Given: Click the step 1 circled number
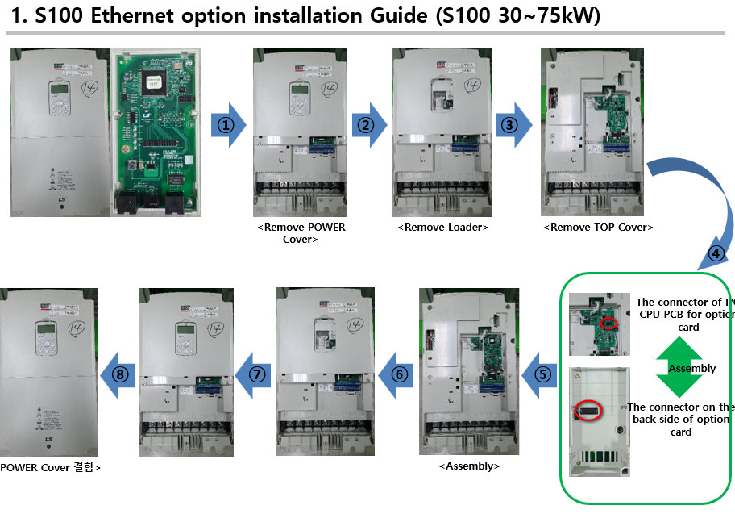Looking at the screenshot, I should coord(226,125).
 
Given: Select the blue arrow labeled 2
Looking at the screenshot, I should coord(367,125).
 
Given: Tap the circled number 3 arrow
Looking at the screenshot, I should coord(510,125).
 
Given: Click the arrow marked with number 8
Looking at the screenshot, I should coord(118,374).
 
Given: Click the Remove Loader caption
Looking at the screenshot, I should coord(442,228).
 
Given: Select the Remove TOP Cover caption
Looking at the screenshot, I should coord(598,228).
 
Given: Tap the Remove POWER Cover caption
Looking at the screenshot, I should coord(301,233).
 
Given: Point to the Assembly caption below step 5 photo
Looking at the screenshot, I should coord(469,466).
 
